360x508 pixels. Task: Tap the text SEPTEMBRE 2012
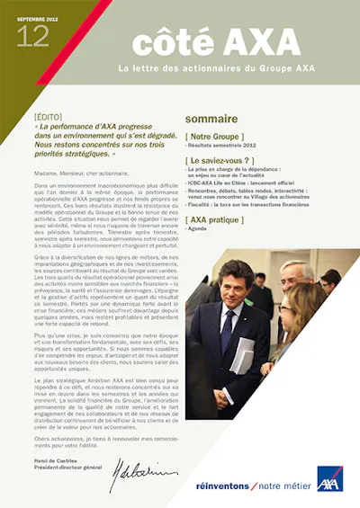coord(38,12)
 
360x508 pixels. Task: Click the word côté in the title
coord(167,43)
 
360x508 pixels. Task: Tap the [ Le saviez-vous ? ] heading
coord(220,159)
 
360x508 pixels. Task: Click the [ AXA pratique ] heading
coord(213,218)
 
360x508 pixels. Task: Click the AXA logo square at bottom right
coord(329,480)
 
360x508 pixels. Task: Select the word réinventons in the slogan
coord(226,486)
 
